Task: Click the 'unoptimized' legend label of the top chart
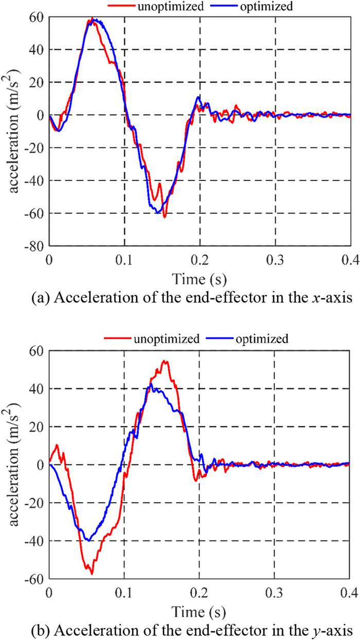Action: click(x=154, y=7)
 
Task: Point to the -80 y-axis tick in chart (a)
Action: click(x=34, y=246)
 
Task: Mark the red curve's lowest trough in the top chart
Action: click(x=165, y=217)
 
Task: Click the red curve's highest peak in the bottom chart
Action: click(x=165, y=361)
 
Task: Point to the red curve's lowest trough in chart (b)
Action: click(x=91, y=573)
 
